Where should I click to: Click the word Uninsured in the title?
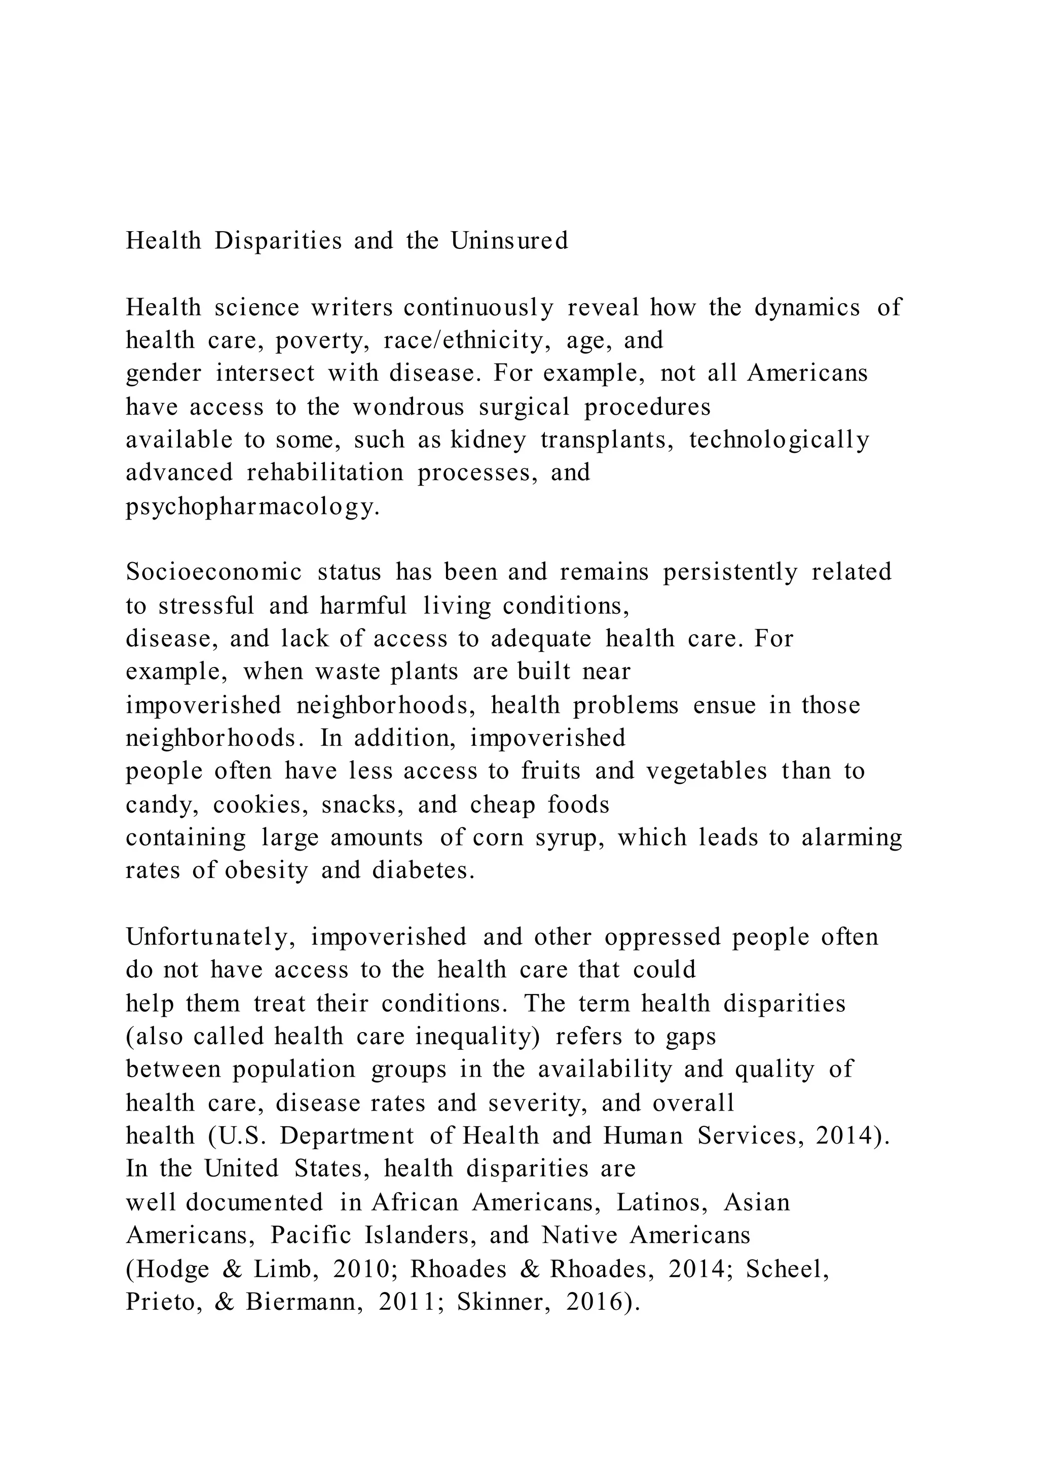pyautogui.click(x=509, y=241)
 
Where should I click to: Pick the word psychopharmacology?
pyautogui.click(x=252, y=507)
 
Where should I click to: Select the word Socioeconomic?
pyautogui.click(x=213, y=572)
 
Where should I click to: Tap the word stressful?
pyautogui.click(x=206, y=605)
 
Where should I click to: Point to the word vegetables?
pyautogui.click(x=706, y=771)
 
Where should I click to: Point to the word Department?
pyautogui.click(x=347, y=1136)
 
